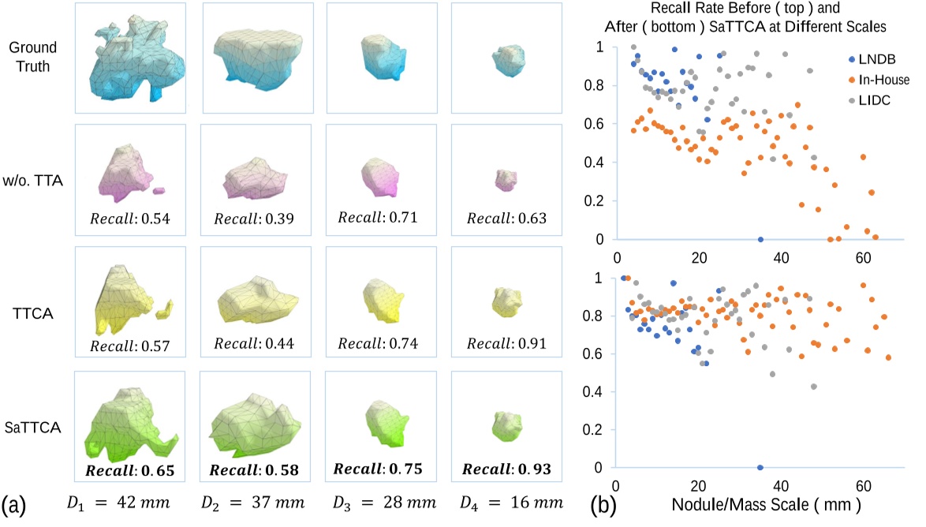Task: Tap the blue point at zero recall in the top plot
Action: tap(760, 239)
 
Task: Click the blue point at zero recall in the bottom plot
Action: tap(760, 468)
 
